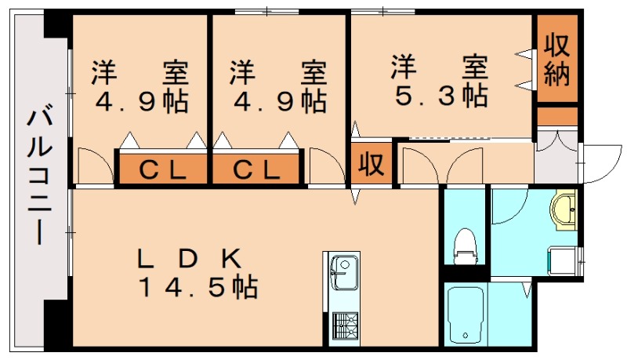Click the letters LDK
tap(189, 257)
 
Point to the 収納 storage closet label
tap(557, 59)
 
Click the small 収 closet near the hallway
tap(370, 164)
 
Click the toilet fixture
tap(466, 245)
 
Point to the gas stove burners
tap(343, 325)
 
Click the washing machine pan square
tap(563, 259)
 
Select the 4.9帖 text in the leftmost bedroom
tap(141, 101)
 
